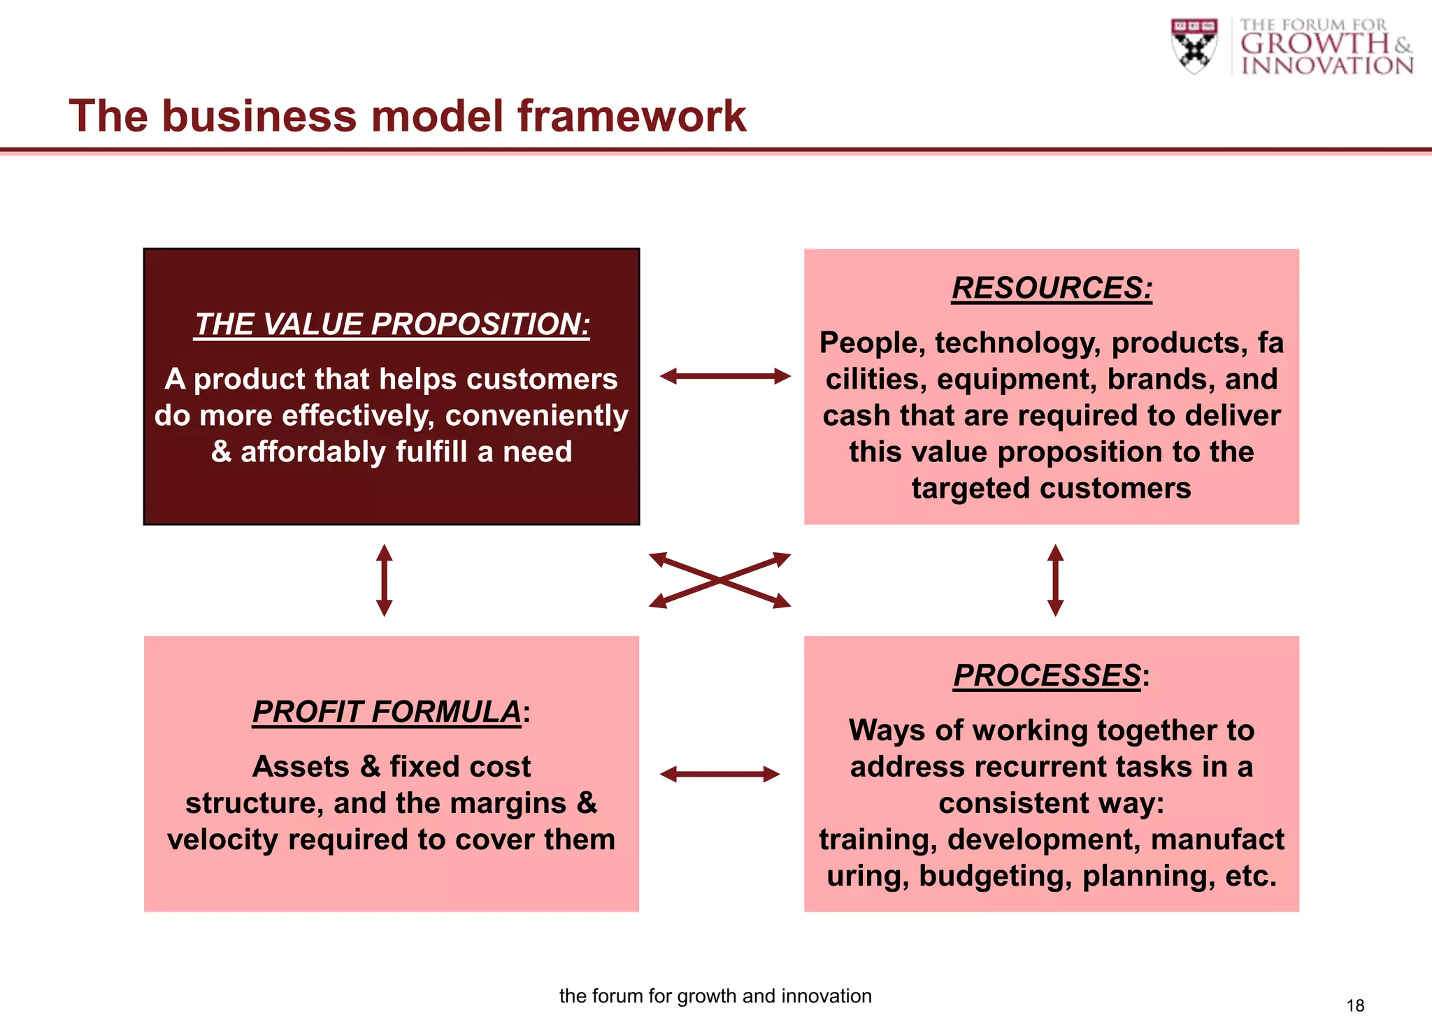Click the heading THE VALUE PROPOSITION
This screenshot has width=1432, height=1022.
[x=392, y=324]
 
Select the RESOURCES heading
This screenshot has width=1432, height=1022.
[x=1052, y=288]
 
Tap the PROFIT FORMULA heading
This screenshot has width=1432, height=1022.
[x=387, y=712]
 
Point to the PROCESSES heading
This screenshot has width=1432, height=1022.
[x=1047, y=675]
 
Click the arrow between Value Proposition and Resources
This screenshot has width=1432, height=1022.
[x=725, y=376]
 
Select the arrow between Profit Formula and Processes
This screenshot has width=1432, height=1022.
[x=719, y=774]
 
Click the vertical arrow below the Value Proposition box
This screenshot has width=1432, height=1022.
[x=384, y=580]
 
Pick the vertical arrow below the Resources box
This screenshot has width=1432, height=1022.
[x=1055, y=580]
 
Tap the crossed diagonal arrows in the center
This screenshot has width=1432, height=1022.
[x=719, y=580]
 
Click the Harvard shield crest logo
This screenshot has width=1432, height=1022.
[x=1194, y=45]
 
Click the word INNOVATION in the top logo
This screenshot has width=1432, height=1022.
[x=1327, y=66]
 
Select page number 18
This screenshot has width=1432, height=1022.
[x=1354, y=1005]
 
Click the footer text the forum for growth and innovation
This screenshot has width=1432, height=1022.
[x=715, y=995]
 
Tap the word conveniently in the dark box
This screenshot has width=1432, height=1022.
[x=536, y=415]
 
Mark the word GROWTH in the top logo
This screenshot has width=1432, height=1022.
[x=1315, y=43]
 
